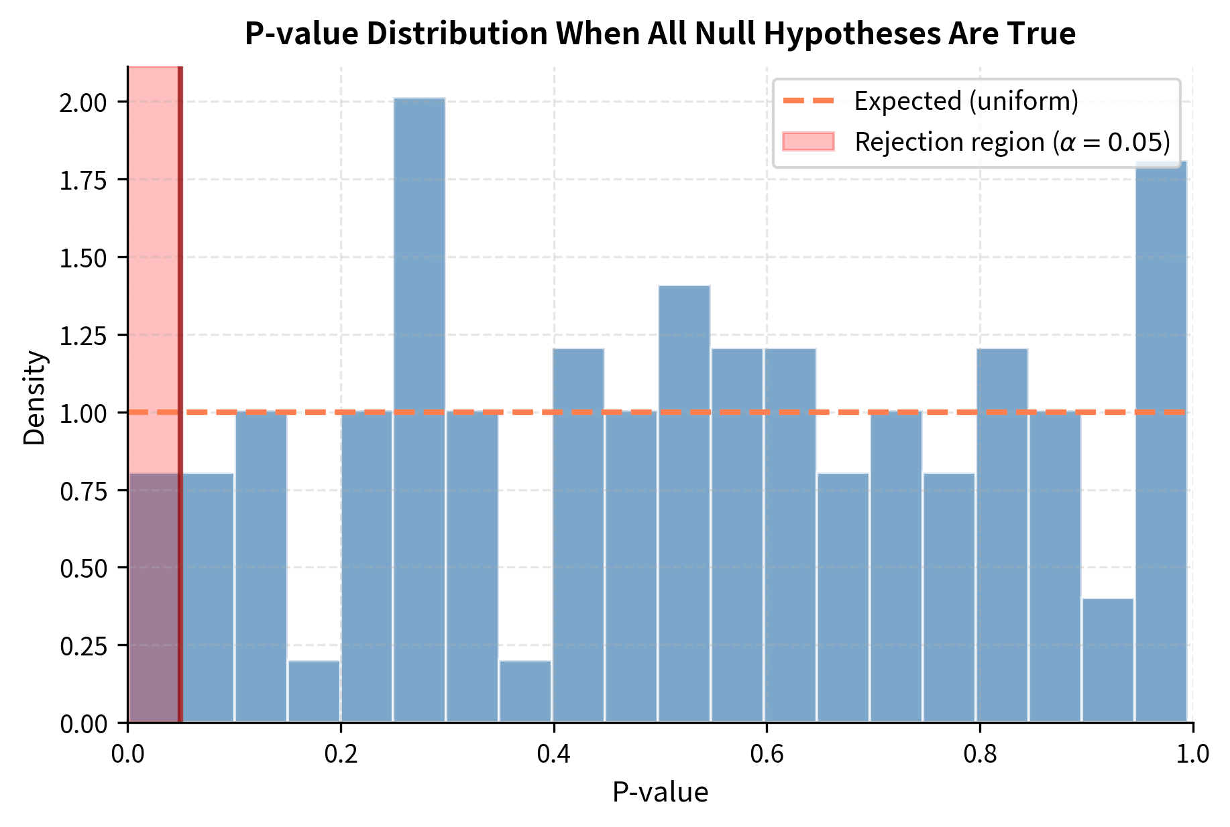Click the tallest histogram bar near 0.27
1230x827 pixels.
click(x=419, y=409)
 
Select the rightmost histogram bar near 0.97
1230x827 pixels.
click(x=1161, y=442)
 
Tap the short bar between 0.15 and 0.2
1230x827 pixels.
click(x=314, y=692)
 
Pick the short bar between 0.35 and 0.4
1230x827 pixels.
click(x=525, y=692)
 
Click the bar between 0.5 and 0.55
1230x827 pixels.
click(x=684, y=503)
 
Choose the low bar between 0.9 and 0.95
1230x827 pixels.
click(x=1108, y=660)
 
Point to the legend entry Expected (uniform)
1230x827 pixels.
click(x=966, y=101)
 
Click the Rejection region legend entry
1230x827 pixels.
click(x=1012, y=142)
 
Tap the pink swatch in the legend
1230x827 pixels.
click(x=808, y=142)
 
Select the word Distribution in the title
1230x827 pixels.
click(x=457, y=34)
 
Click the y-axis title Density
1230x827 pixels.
click(x=35, y=397)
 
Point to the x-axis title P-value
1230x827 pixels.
click(x=660, y=793)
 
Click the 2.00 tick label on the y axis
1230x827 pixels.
click(x=83, y=103)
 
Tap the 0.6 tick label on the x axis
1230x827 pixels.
click(x=767, y=755)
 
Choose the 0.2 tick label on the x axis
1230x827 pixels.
click(x=341, y=755)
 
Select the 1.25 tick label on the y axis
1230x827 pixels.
click(x=83, y=336)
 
